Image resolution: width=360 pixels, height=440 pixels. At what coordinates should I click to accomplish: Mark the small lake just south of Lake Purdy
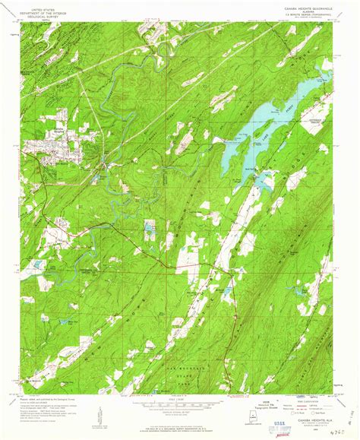(265, 182)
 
